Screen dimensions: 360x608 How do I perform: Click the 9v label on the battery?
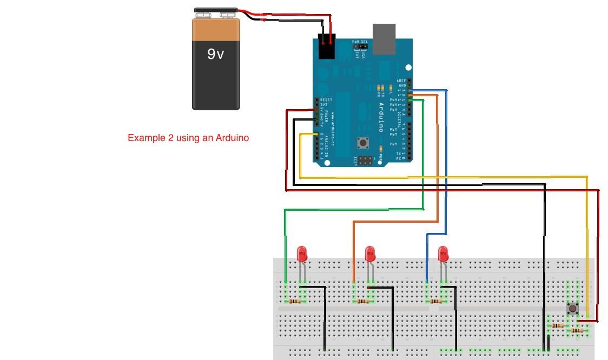(x=215, y=54)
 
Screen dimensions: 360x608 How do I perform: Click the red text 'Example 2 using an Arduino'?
(x=188, y=138)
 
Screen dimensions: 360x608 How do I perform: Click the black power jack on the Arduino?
(x=326, y=48)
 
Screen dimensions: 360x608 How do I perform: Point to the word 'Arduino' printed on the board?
(x=381, y=117)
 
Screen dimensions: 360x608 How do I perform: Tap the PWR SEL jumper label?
(x=360, y=42)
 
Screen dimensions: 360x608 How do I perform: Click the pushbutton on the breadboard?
(x=572, y=309)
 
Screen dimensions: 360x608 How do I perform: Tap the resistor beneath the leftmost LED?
(x=295, y=301)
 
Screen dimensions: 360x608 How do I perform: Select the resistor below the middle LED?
(x=363, y=301)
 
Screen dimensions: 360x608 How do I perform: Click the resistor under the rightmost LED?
(x=435, y=301)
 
